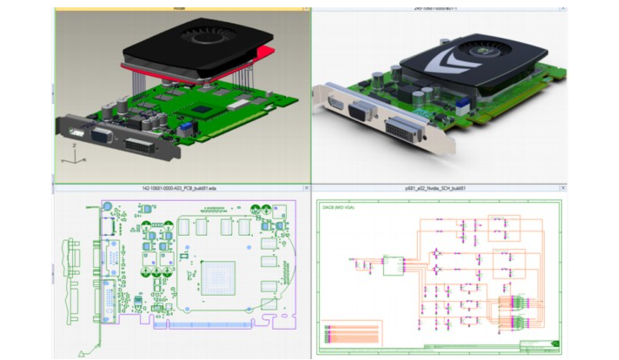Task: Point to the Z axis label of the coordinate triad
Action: pyautogui.click(x=74, y=146)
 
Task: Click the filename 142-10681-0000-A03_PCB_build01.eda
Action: pyautogui.click(x=179, y=188)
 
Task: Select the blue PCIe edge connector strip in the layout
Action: pyautogui.click(x=211, y=326)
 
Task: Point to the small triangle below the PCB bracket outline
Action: pyautogui.click(x=82, y=353)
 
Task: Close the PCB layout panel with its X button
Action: pyautogui.click(x=306, y=188)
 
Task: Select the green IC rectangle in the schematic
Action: pyautogui.click(x=393, y=265)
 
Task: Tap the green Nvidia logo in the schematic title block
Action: pyautogui.click(x=556, y=343)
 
